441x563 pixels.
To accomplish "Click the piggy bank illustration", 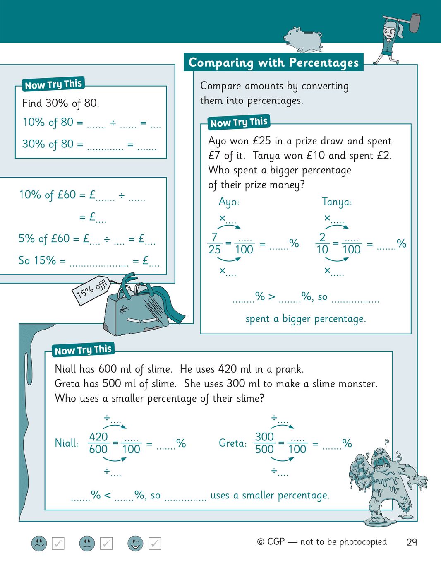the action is click(x=303, y=39).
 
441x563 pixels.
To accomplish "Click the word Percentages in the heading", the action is click(x=324, y=63).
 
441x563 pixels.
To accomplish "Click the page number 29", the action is click(x=412, y=542).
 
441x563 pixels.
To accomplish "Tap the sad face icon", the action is click(x=39, y=543).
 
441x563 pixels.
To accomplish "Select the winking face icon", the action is click(x=135, y=543).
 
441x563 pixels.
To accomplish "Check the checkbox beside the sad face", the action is click(x=58, y=543).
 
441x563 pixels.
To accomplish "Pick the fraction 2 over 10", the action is click(x=322, y=243).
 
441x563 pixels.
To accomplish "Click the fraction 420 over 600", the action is click(x=98, y=443).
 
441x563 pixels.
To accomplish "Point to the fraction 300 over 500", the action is click(x=264, y=443).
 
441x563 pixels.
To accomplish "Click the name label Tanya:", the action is click(x=337, y=202).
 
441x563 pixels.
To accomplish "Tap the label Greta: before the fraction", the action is click(x=232, y=443).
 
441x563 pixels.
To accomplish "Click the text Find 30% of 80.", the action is click(x=61, y=103).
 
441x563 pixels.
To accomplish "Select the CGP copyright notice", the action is click(x=322, y=542).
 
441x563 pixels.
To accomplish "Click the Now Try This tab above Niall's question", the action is click(x=83, y=350).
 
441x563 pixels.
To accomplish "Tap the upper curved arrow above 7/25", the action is click(x=229, y=226).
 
